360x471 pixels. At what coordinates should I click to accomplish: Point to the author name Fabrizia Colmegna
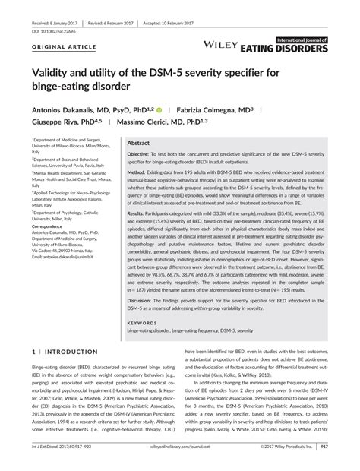tap(200, 111)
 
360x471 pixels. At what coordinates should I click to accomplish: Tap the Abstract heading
tap(138, 142)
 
